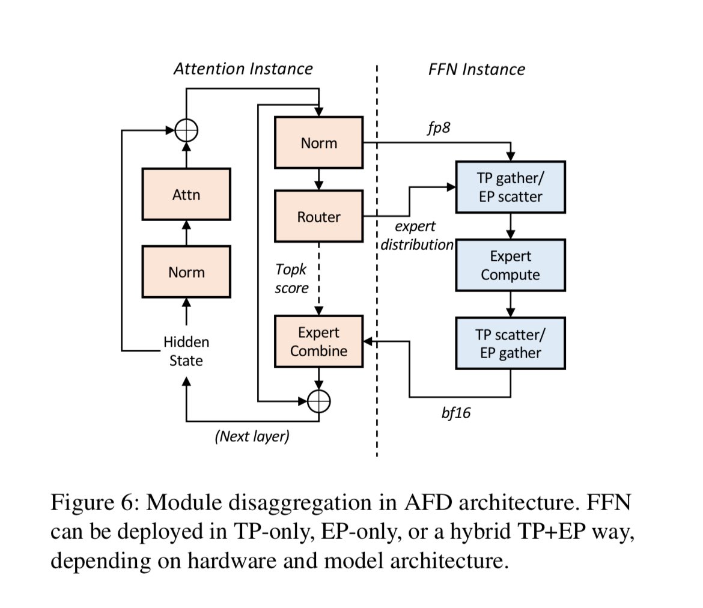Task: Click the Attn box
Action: point(186,195)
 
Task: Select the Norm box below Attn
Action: point(186,272)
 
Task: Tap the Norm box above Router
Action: point(318,143)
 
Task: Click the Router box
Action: point(318,217)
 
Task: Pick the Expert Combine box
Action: point(318,341)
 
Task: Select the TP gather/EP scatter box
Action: point(510,187)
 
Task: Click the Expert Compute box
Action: point(510,266)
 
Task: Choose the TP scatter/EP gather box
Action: point(510,343)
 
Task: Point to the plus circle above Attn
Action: point(186,130)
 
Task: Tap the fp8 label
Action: point(438,128)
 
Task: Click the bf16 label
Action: point(455,413)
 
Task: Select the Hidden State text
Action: point(186,351)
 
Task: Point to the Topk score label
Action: point(292,279)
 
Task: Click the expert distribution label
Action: point(416,236)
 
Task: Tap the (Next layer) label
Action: point(252,436)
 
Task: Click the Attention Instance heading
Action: point(243,69)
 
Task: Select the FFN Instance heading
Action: point(476,69)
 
